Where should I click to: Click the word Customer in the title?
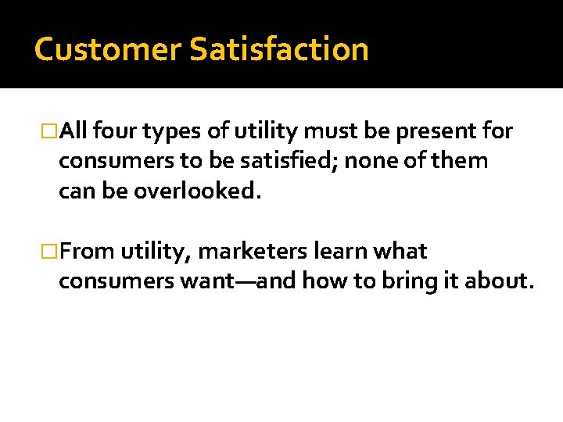tap(107, 49)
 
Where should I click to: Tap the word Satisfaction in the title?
tap(278, 49)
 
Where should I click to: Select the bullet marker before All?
tap(49, 131)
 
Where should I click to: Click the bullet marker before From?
tap(49, 252)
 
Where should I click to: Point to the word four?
tap(117, 131)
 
